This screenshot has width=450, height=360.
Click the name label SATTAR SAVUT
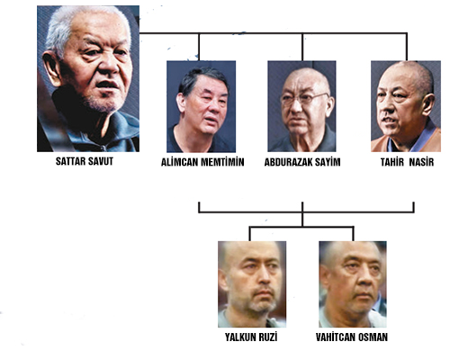[x=85, y=161]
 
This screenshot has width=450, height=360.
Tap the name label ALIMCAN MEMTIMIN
[x=202, y=162]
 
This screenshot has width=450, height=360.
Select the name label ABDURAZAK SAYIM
[x=302, y=162]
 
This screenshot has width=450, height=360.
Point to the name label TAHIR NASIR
[x=407, y=162]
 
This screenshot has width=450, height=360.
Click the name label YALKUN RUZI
[x=251, y=337]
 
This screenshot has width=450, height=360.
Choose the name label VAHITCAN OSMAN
[x=352, y=337]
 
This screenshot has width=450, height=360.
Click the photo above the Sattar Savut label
[x=88, y=78]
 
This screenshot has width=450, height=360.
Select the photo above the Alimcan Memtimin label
[x=201, y=106]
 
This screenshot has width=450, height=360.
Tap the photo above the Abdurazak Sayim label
[x=301, y=106]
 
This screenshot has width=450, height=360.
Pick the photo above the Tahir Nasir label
[x=406, y=106]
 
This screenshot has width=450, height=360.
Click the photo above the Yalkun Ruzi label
[x=252, y=284]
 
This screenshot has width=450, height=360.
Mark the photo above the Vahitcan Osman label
[x=353, y=284]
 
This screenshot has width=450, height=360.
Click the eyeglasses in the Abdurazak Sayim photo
[x=303, y=98]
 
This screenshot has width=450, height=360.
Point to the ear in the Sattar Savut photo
[x=51, y=68]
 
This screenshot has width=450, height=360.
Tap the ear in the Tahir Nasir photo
[x=427, y=104]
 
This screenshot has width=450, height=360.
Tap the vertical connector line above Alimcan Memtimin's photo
[x=199, y=47]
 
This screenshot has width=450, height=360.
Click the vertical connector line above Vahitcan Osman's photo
[x=353, y=234]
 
